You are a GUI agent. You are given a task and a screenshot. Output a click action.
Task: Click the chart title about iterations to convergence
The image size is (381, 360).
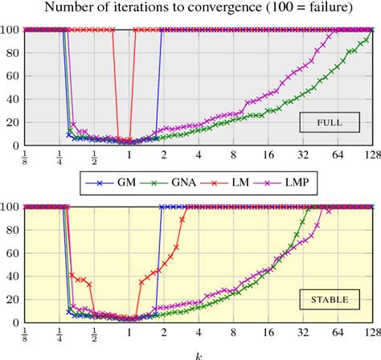pyautogui.click(x=190, y=9)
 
